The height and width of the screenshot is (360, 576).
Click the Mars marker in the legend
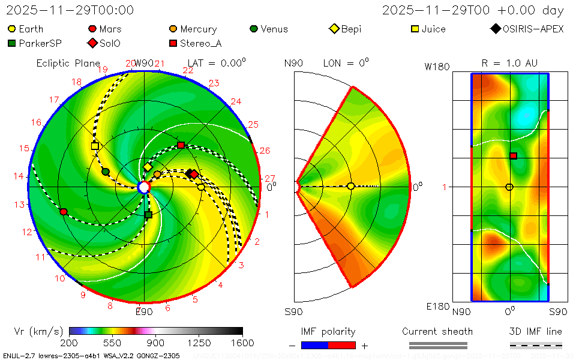[x=92, y=29]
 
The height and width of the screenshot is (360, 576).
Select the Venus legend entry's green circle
[x=254, y=29]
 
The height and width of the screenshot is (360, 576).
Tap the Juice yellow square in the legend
[x=415, y=29]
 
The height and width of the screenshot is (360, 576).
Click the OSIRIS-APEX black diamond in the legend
[x=496, y=29]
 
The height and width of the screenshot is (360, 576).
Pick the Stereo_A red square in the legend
[x=173, y=43]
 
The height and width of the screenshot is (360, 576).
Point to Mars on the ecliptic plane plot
[x=64, y=212]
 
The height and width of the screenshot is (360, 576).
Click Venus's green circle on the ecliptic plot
[x=106, y=172]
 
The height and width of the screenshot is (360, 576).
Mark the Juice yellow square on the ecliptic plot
[x=95, y=146]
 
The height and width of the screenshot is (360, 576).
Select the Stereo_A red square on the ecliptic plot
[x=181, y=145]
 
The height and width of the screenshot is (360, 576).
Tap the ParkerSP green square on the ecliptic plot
[x=148, y=214]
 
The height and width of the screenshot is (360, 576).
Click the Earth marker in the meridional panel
[x=351, y=187]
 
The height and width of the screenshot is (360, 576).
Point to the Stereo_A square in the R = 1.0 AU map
[x=514, y=156]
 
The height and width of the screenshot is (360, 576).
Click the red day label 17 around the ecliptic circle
[x=54, y=100]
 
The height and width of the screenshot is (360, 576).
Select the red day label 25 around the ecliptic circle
[x=253, y=124]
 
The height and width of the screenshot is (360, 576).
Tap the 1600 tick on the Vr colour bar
[x=242, y=343]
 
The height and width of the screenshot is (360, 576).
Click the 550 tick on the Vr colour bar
[x=112, y=343]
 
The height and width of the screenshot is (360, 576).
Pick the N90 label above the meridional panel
[x=294, y=63]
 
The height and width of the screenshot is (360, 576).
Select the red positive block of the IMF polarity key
[x=342, y=345]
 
